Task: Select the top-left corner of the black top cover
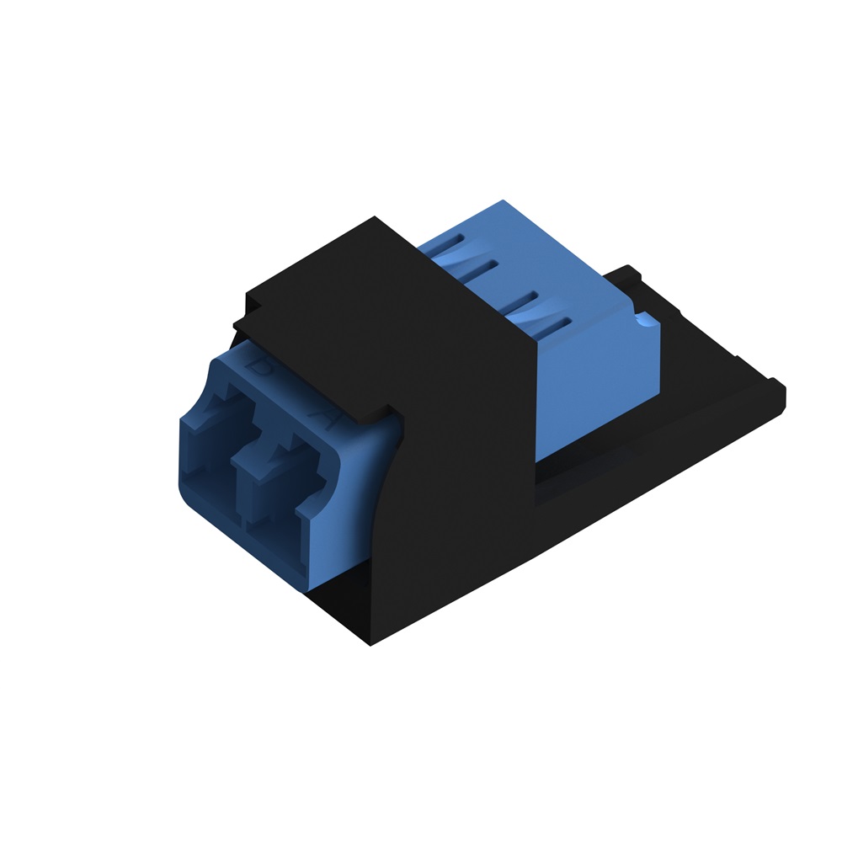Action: [245, 295]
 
